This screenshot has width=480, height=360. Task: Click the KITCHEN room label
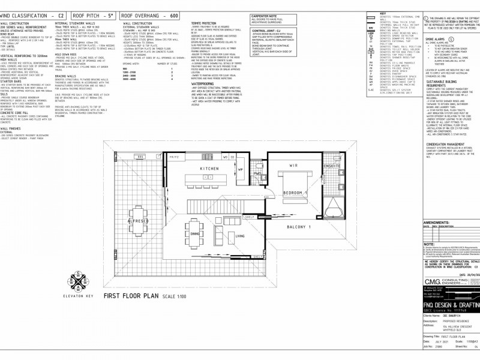click(x=210, y=169)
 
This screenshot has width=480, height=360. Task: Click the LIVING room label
click(x=239, y=236)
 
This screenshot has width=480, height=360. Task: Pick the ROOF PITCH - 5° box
click(x=96, y=12)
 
